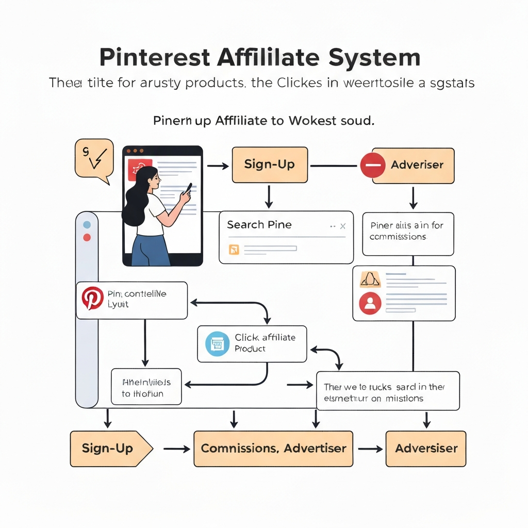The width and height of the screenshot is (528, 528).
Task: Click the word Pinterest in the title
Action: [x=154, y=57]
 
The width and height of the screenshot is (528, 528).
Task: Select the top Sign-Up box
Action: [x=270, y=165]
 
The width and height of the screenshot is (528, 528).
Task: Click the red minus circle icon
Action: [x=373, y=166]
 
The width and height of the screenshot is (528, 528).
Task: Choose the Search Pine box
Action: [x=286, y=237]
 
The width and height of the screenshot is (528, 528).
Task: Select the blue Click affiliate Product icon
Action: [x=217, y=344]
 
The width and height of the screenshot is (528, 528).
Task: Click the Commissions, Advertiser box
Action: [x=273, y=449]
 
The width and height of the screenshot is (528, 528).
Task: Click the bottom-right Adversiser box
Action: [x=426, y=449]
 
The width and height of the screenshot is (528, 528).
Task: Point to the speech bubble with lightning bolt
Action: [x=94, y=158]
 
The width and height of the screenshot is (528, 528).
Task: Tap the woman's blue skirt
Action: [x=150, y=250]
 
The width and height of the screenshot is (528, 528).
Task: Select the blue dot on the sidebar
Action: [x=87, y=225]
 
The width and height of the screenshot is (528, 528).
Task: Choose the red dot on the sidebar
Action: [x=87, y=238]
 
